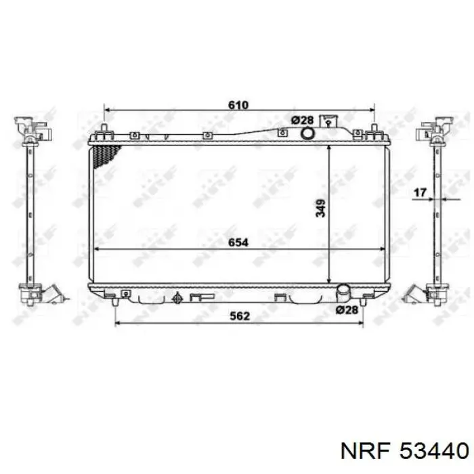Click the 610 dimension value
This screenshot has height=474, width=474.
pos(238,105)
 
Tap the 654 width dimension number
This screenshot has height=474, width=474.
pos(238,242)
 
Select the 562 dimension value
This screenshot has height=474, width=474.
pos(240,316)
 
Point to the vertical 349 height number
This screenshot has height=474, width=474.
pos(320,208)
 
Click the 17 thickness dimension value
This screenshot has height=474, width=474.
pos(420,192)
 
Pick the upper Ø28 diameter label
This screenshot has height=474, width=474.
pos(302,121)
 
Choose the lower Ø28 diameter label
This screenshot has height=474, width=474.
pos(347,309)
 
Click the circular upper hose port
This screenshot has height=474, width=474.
pos(307,133)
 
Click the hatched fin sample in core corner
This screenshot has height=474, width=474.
pos(106,156)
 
